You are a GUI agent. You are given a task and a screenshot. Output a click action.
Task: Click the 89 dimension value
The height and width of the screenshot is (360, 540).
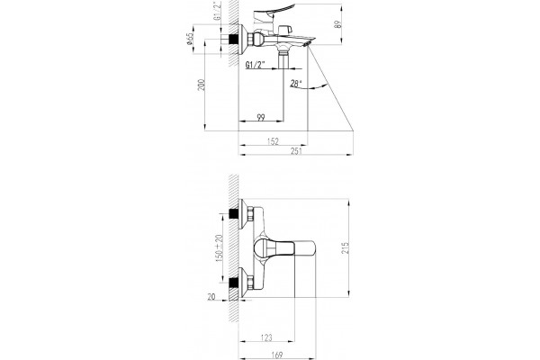click(x=337, y=24)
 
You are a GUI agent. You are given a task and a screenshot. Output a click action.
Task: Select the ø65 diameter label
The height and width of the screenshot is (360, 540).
click(x=189, y=39)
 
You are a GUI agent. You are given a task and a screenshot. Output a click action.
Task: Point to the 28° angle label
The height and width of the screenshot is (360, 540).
click(x=296, y=83)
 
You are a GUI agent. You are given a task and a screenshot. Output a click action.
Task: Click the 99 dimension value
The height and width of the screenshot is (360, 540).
click(x=261, y=118)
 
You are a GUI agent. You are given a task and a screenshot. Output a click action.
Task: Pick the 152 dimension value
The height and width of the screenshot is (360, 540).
click(x=273, y=141)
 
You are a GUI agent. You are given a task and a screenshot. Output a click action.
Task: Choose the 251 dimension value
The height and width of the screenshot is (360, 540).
click(x=296, y=151)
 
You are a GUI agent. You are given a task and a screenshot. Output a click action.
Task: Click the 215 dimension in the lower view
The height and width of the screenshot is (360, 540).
click(x=345, y=247)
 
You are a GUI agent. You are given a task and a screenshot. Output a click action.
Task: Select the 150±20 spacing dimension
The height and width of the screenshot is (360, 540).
click(x=219, y=247)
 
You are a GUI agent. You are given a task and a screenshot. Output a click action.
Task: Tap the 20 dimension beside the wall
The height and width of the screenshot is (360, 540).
click(x=211, y=296)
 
